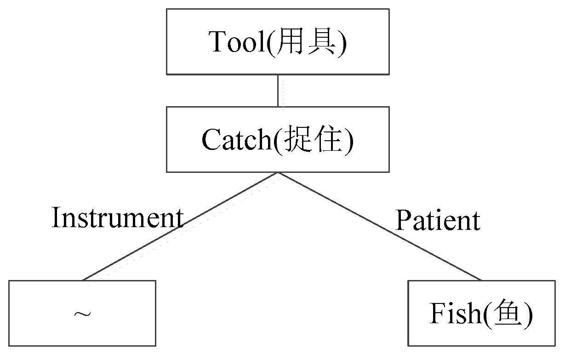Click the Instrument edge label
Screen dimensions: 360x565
[117, 217]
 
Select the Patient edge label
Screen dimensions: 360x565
[438, 221]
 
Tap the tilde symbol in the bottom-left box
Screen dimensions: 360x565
[82, 314]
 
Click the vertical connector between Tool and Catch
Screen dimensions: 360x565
[278, 91]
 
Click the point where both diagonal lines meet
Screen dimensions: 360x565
[278, 173]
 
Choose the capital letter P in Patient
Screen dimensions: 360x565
[402, 221]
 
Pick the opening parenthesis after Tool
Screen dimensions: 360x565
[270, 43]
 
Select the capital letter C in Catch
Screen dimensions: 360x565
[211, 140]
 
